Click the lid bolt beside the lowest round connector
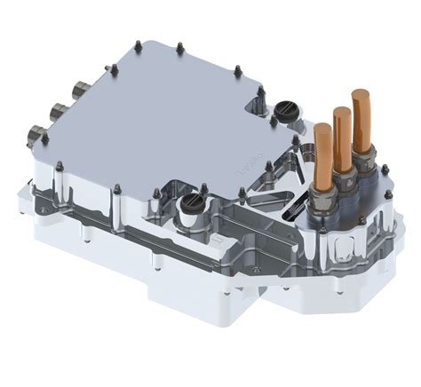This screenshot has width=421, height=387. coord(57,165)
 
